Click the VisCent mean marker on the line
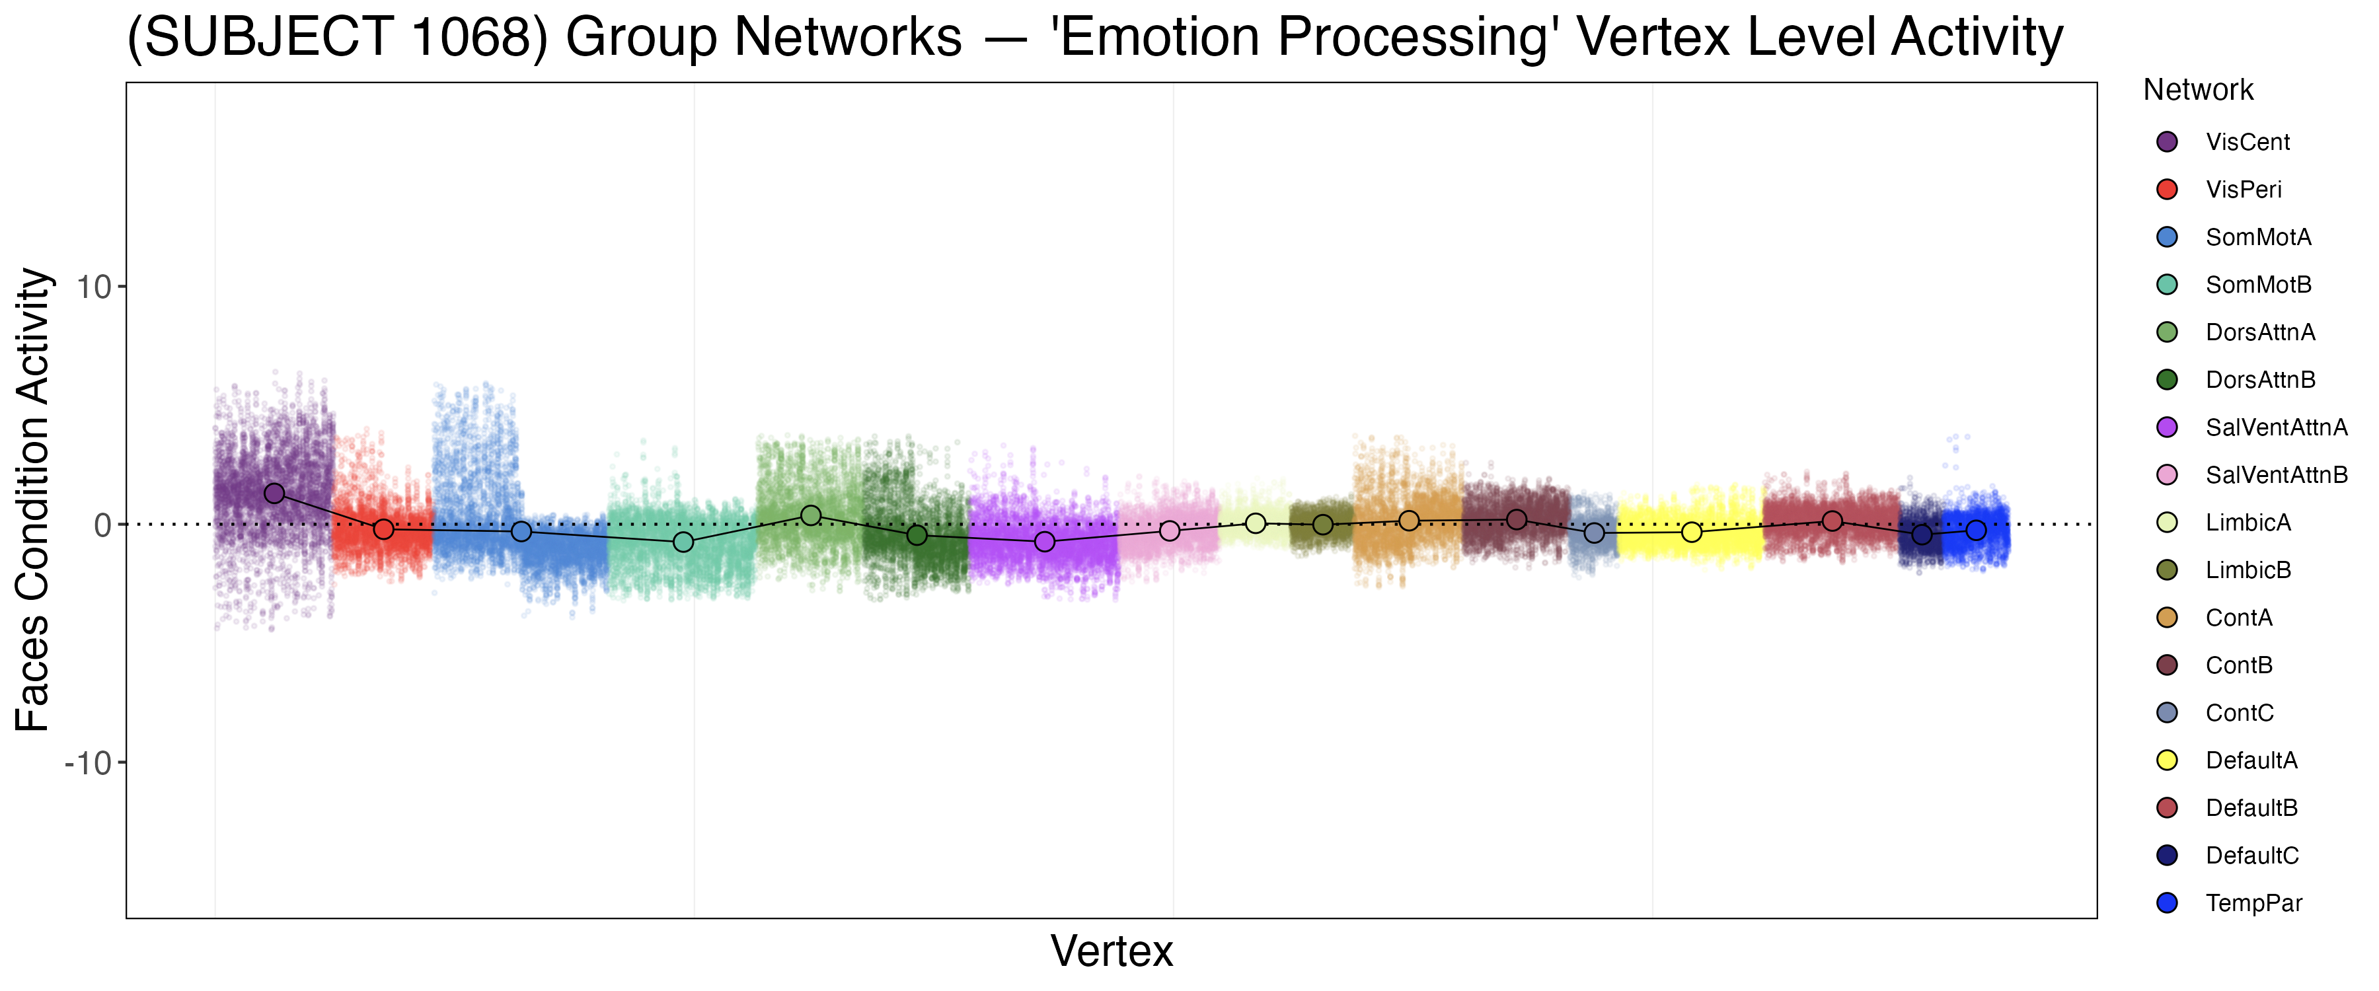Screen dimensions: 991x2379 coord(274,494)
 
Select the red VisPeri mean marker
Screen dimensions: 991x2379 coord(383,529)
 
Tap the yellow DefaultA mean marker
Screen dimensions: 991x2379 coord(1692,532)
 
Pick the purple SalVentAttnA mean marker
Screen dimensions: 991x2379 coord(1045,541)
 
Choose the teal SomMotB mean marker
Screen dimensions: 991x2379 coord(683,541)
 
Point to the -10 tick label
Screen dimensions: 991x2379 coord(88,763)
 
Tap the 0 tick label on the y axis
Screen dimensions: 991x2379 coord(102,525)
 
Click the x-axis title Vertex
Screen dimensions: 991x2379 coord(1112,951)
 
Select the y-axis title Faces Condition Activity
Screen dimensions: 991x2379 coord(33,499)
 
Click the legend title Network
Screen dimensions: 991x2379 coord(2198,90)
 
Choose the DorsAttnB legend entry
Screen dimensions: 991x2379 coord(2260,380)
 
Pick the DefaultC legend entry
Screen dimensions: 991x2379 coord(2251,856)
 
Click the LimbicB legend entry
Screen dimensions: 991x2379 coord(2248,570)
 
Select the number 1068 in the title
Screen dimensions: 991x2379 coord(469,37)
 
